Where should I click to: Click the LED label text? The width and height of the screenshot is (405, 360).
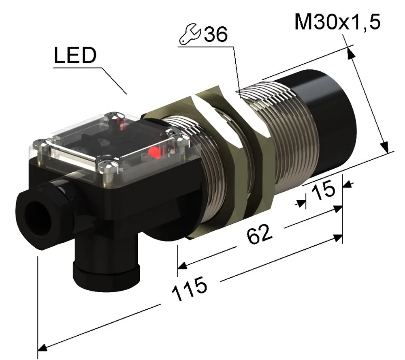pos(75,55)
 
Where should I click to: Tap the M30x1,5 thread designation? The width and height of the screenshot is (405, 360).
pos(337,22)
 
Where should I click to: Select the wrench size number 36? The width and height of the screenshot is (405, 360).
pos(216,34)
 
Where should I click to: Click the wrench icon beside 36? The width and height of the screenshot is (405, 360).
pos(190,34)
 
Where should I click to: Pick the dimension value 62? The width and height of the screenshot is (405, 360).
pos(259,234)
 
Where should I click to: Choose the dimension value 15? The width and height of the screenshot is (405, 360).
pos(323,191)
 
